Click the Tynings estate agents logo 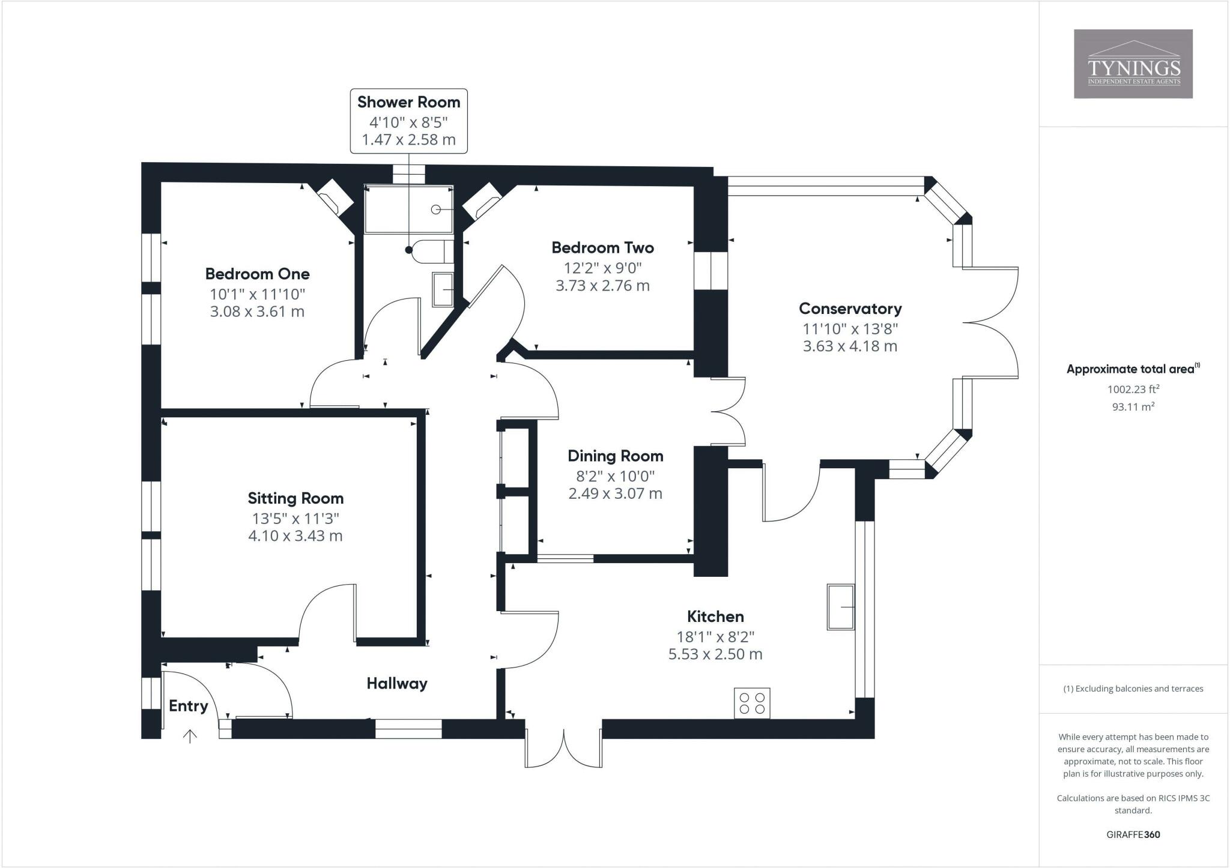point(1133,64)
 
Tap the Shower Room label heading point(408,102)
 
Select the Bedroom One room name point(257,274)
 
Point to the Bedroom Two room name point(602,248)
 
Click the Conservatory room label point(850,309)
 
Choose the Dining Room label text point(615,456)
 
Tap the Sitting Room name point(295,498)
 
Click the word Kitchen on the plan point(715,616)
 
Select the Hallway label point(397,683)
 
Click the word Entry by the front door point(188,706)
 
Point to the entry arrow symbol point(190,736)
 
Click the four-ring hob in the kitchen point(752,703)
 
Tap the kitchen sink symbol point(841,607)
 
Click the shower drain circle point(436,209)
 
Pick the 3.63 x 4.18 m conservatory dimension point(850,346)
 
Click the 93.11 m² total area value point(1133,406)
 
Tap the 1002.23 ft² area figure point(1133,389)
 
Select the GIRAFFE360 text point(1133,834)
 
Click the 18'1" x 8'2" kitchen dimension point(715,636)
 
